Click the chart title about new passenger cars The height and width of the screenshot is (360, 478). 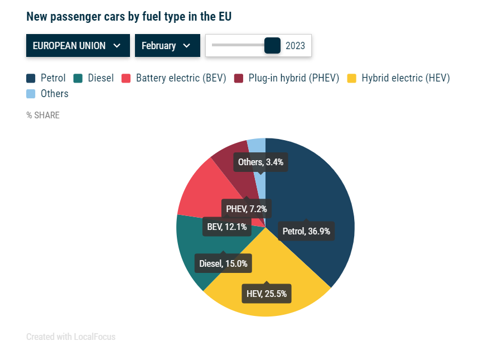click(x=129, y=17)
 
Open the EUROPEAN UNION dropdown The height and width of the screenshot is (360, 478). click(x=78, y=46)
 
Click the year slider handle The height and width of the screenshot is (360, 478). click(x=272, y=46)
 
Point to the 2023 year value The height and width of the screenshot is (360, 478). click(x=295, y=46)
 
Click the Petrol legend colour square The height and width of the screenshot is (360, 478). click(x=31, y=79)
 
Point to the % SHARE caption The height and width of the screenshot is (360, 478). click(x=43, y=116)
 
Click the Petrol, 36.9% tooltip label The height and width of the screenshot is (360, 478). click(x=306, y=231)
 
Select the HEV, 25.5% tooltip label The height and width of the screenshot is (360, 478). click(x=267, y=294)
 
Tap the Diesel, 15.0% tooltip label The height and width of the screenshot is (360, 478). click(x=223, y=263)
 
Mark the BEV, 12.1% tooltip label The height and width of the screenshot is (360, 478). click(x=227, y=227)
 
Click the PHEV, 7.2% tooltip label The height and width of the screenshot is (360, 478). click(x=247, y=209)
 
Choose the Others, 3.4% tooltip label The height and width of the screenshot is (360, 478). click(x=260, y=162)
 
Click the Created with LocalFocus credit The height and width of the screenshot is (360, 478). click(x=71, y=337)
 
